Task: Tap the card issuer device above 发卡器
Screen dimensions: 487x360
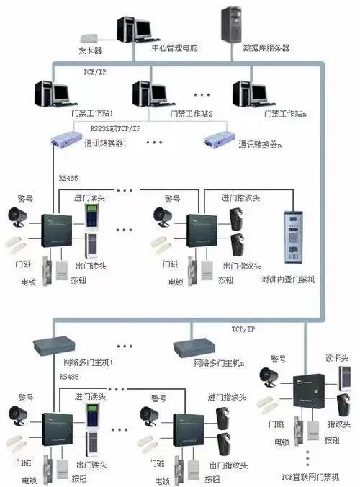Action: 91,36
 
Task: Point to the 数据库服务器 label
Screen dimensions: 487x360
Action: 266,48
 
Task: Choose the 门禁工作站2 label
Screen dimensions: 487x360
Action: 191,114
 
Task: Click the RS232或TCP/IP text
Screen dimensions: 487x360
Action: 115,128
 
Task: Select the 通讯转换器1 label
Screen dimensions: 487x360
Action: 105,143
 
